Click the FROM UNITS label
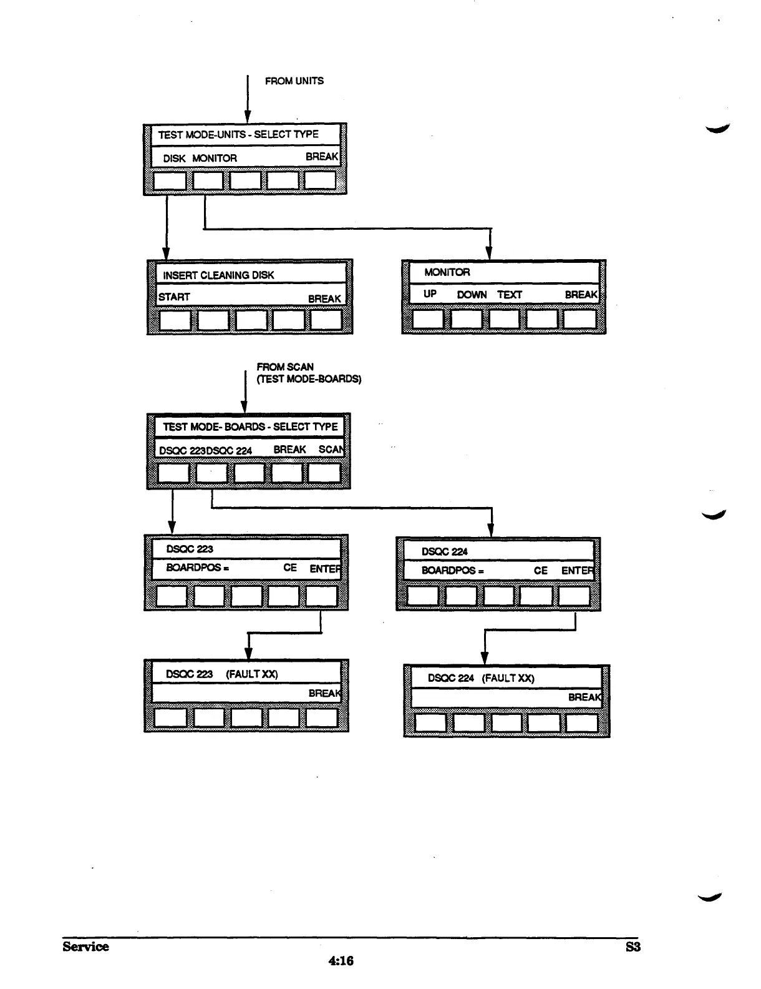294,81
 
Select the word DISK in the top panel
174,159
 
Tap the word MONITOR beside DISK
215,159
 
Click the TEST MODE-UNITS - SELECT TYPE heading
238,134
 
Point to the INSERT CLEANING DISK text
218,275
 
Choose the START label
174,297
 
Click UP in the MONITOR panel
430,294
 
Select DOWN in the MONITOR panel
472,295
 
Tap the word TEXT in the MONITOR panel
509,295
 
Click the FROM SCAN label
285,367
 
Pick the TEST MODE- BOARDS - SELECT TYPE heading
250,427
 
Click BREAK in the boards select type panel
289,450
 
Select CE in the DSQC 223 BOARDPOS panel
290,568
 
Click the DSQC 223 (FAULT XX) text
221,674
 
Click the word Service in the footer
85,947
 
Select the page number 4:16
341,961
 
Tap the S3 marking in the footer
633,947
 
